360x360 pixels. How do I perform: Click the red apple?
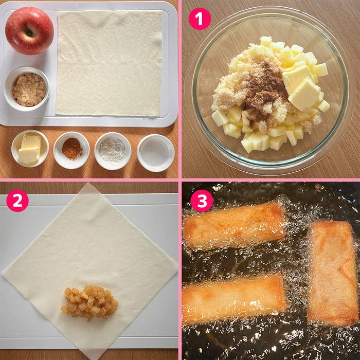29,31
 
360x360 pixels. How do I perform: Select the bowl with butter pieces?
30,149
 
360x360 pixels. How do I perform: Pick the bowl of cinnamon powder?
71,150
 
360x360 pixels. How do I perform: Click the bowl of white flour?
113,150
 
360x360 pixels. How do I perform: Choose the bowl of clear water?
155,152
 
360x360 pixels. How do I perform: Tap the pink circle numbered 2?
17,201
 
